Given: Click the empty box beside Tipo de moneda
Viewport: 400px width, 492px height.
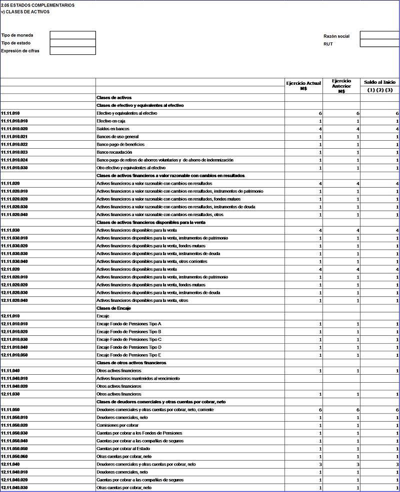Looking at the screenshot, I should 72,35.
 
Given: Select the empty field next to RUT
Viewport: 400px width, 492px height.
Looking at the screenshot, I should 379,43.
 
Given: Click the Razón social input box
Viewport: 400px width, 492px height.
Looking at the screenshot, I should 379,35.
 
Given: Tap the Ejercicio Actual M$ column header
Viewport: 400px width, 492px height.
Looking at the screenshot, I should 303,85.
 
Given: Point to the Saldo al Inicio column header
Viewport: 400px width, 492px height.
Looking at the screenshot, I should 379,82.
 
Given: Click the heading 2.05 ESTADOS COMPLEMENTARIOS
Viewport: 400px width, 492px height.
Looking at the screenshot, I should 38,5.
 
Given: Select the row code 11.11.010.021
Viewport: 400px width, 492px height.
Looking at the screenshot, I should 14,137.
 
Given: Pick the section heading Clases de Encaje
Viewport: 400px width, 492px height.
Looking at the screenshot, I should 114,308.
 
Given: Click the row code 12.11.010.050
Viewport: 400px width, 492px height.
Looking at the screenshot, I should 14,355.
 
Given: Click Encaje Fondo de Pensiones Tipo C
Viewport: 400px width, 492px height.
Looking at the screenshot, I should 128,339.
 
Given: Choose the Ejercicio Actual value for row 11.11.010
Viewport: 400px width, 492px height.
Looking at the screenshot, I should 320,114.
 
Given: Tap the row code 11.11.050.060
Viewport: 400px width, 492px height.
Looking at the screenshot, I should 14,457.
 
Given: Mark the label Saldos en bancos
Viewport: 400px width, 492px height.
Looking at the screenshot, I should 112,129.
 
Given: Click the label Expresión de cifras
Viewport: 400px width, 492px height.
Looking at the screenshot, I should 20,51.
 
